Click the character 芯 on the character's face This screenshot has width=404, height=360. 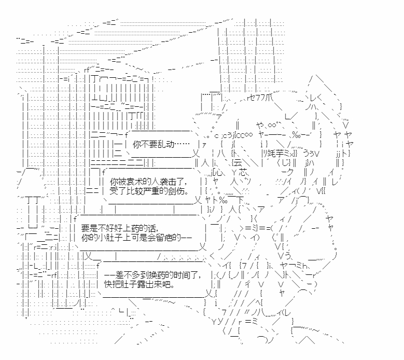(248, 173)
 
